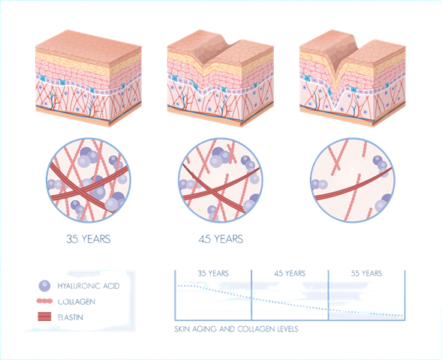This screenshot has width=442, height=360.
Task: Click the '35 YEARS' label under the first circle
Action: pyautogui.click(x=89, y=239)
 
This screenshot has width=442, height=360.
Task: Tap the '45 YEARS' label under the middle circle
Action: pyautogui.click(x=221, y=239)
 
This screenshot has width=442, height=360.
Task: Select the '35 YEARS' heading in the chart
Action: pyautogui.click(x=213, y=273)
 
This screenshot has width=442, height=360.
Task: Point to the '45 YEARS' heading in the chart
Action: pyautogui.click(x=290, y=273)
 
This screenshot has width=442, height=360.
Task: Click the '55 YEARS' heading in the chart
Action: pyautogui.click(x=366, y=273)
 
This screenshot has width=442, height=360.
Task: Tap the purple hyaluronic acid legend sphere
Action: pyautogui.click(x=44, y=286)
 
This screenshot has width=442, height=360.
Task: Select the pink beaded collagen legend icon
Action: pyautogui.click(x=44, y=301)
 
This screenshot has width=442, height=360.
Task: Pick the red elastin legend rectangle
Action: pyautogui.click(x=44, y=316)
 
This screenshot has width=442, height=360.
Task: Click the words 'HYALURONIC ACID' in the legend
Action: pyautogui.click(x=89, y=286)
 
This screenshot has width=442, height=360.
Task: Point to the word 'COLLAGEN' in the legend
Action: pyautogui.click(x=77, y=301)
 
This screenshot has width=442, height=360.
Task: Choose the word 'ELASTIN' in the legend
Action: pyautogui.click(x=71, y=317)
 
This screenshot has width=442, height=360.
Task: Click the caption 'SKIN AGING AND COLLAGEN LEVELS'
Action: pyautogui.click(x=236, y=329)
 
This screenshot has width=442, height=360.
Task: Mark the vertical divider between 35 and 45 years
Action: pyautogui.click(x=251, y=295)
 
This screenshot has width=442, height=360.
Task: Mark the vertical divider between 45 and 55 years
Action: pyautogui.click(x=329, y=295)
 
